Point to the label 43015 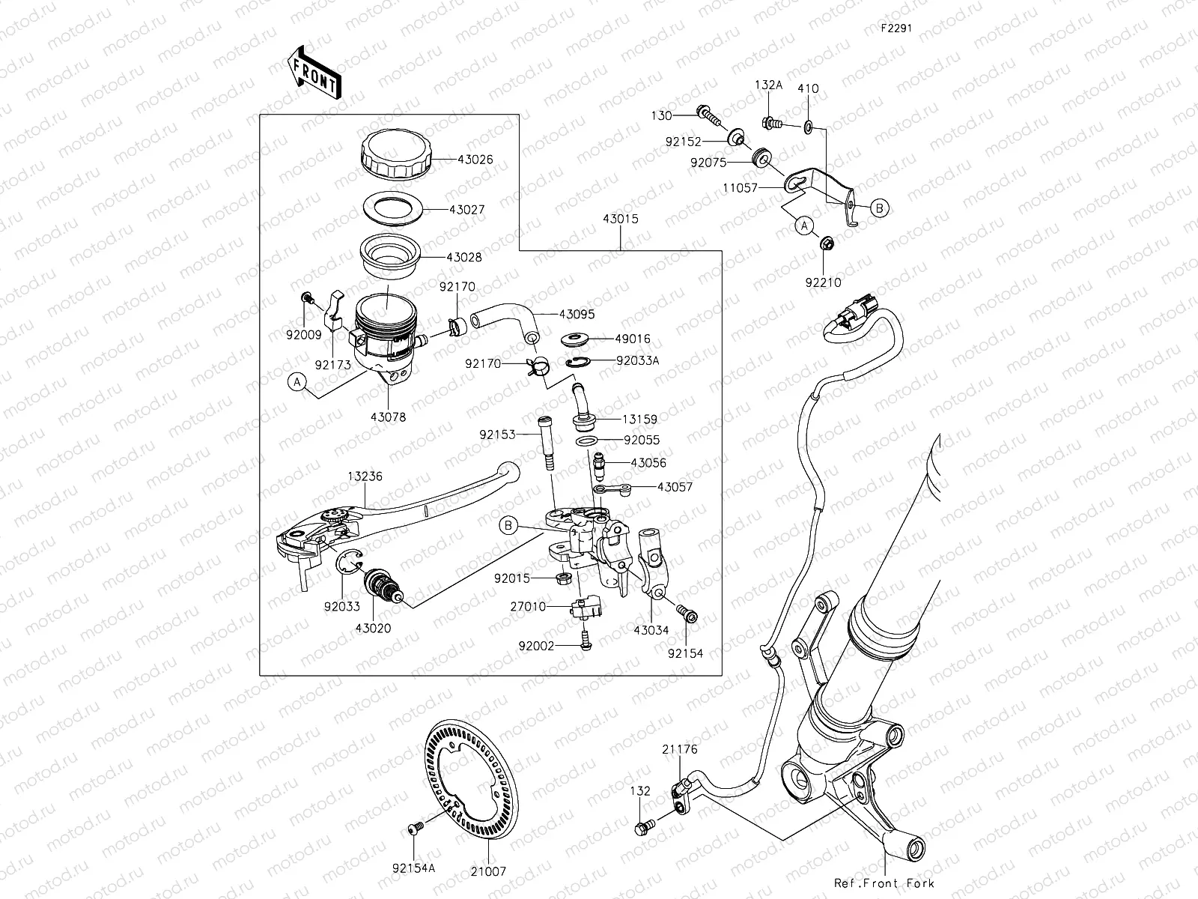coord(621,220)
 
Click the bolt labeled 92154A coord(412,827)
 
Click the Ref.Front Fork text coord(884,883)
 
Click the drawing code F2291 coord(896,28)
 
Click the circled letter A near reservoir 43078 coord(297,383)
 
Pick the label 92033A coord(637,360)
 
